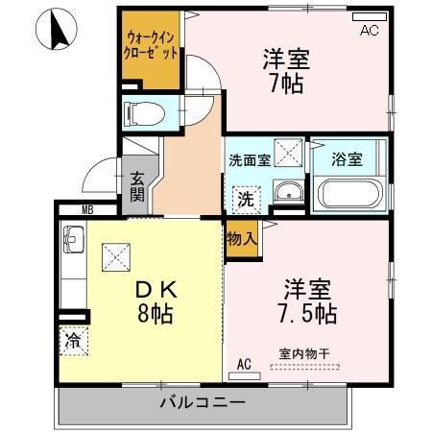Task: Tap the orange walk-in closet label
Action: coord(150,47)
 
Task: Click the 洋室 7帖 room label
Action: coord(285,69)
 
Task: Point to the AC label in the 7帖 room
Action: coord(370,31)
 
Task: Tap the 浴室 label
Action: coord(347,159)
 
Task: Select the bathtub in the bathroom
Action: coord(350,194)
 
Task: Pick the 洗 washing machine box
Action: coord(246,200)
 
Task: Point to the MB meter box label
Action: coord(86,210)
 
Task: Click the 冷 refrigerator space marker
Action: coord(72,339)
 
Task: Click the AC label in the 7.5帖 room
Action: coord(244,364)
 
